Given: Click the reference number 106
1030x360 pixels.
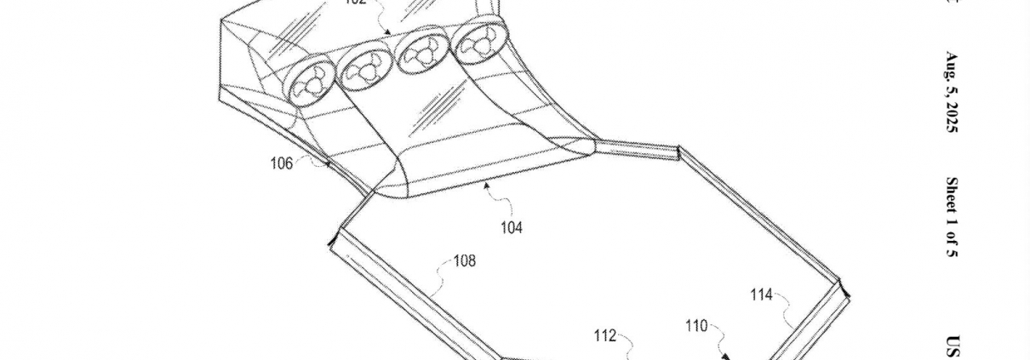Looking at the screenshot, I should (x=282, y=163).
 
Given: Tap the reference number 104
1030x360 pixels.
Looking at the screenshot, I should (x=512, y=227).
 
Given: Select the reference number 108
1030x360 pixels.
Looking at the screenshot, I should (x=464, y=261).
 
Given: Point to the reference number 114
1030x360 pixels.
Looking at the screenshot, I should (x=762, y=295).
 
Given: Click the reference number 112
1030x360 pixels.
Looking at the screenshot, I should (x=605, y=335).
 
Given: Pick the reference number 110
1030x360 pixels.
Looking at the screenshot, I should (x=697, y=325).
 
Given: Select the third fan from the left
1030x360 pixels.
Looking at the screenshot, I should (x=421, y=56).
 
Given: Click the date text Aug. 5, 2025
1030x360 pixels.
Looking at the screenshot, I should (x=953, y=93).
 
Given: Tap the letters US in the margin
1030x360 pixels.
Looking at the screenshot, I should (x=953, y=346).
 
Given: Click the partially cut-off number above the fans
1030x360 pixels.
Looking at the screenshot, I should (x=355, y=3).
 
